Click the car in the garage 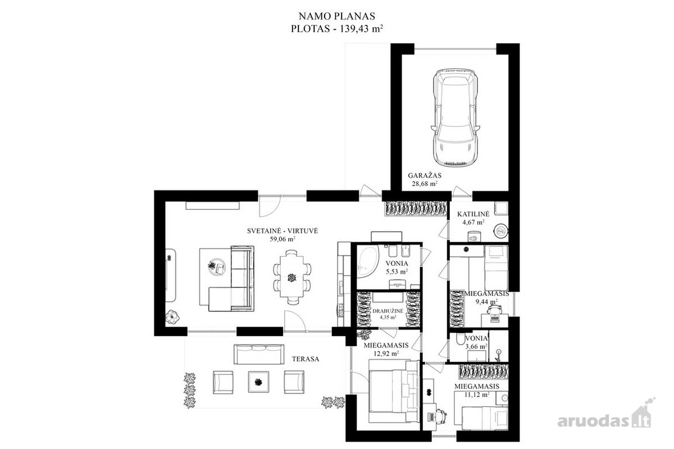[x=454, y=117]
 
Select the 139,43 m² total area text [x=361, y=29]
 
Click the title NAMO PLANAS [x=336, y=16]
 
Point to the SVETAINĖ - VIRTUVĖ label [x=283, y=231]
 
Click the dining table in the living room [x=292, y=277]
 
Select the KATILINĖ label [x=473, y=214]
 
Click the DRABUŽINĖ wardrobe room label [x=388, y=311]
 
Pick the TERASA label [x=306, y=359]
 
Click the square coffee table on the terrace [x=258, y=382]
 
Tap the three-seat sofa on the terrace [x=259, y=354]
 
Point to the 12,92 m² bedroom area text [x=386, y=354]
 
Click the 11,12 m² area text [x=477, y=395]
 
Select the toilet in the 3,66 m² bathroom [x=460, y=339]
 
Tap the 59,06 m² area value [x=283, y=240]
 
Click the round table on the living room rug [x=217, y=267]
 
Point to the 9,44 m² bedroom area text [x=486, y=301]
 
